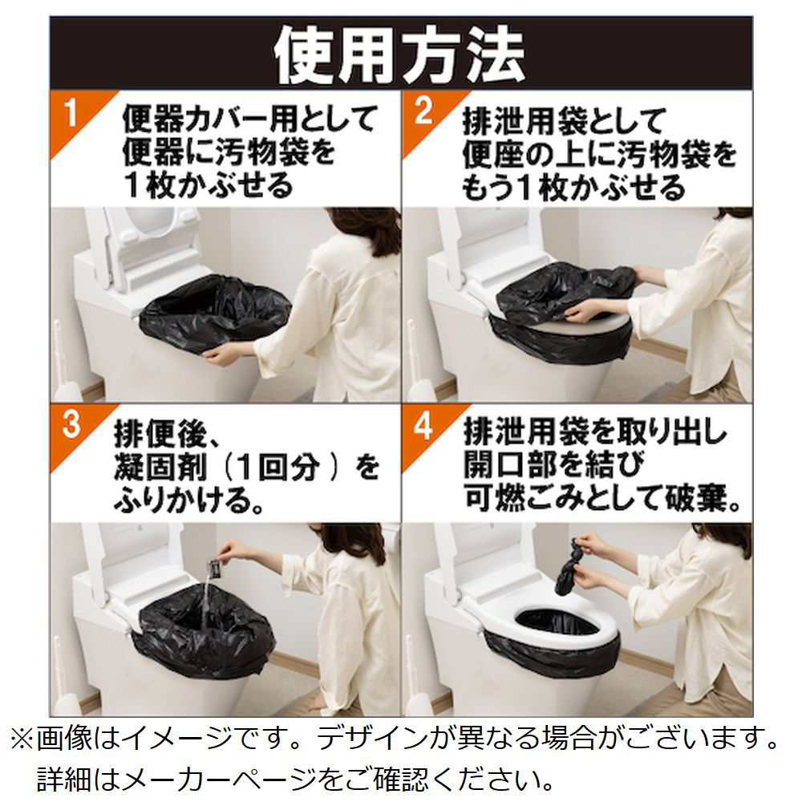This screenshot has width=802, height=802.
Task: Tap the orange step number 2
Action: tap(423, 110)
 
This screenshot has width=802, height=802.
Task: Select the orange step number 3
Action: tap(71, 424)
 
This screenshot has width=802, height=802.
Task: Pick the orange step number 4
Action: tap(423, 424)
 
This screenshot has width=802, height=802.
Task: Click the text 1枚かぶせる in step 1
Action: tap(209, 185)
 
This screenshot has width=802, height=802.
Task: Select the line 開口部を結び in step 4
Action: tap(554, 464)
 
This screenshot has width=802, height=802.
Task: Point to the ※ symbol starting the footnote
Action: tap(22, 739)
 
